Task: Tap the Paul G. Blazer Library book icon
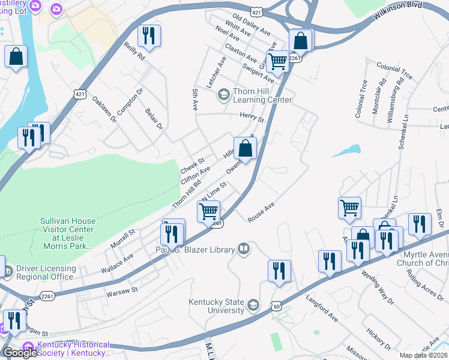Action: click(x=244, y=248)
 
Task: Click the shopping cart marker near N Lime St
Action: click(x=208, y=211)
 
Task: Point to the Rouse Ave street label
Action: click(x=261, y=212)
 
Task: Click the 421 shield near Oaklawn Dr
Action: click(x=81, y=94)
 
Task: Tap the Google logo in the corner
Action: click(x=20, y=352)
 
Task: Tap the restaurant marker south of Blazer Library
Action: click(x=279, y=271)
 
